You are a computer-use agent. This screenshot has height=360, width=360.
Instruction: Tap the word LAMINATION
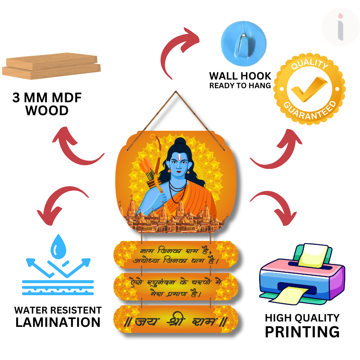click(58, 322)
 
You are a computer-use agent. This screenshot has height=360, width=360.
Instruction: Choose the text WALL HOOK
click(240, 76)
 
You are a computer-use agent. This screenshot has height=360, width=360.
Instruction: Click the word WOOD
click(47, 111)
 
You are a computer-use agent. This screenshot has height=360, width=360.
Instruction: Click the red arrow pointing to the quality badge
click(277, 151)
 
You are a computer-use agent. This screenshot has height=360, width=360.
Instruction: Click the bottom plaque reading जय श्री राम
click(176, 321)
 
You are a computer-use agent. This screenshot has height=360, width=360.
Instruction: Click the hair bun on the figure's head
click(181, 141)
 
